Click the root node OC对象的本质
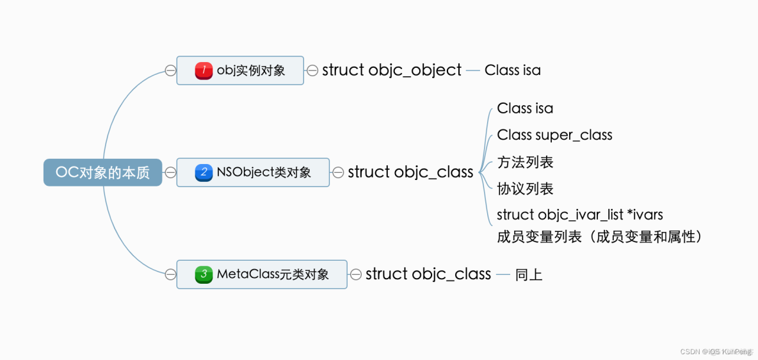[102, 172]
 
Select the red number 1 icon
[204, 70]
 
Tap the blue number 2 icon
[204, 172]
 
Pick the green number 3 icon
[204, 274]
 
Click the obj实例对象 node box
[240, 70]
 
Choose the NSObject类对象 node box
[253, 172]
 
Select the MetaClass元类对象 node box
[262, 274]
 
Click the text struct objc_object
[391, 70]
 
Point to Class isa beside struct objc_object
[512, 70]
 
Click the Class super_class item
[554, 135]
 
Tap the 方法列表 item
[525, 162]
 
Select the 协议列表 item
[525, 189]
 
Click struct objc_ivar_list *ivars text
[579, 215]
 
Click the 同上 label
[529, 275]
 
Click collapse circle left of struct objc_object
[312, 70]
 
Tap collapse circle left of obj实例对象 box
[170, 70]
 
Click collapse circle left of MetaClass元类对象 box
[170, 274]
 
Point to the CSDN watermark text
[716, 351]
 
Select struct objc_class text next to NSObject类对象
[410, 172]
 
